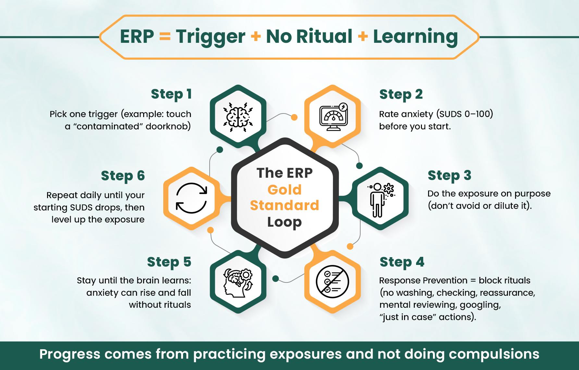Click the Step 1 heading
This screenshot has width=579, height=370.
(171, 94)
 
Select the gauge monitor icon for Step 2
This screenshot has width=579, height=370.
(333, 117)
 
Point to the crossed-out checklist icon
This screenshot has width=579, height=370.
(332, 281)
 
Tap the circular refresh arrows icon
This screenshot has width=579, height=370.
(191, 198)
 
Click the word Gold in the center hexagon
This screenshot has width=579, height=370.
(285, 190)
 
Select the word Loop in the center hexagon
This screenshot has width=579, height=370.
(285, 222)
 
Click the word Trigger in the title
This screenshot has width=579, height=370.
(210, 36)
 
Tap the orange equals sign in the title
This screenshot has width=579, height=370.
(165, 37)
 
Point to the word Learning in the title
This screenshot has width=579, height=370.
(415, 36)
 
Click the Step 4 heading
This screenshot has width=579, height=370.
(402, 262)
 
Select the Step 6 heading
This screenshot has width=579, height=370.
(123, 176)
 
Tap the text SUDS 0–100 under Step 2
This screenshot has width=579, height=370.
(465, 114)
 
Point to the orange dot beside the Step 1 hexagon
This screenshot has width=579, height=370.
(294, 117)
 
